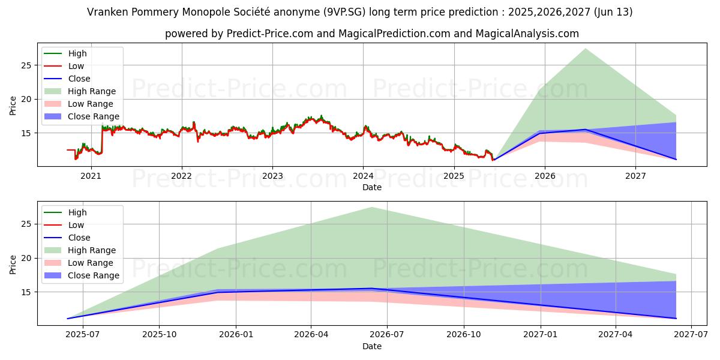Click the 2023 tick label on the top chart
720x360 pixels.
pyautogui.click(x=272, y=176)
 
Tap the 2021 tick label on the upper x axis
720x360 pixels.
pyautogui.click(x=91, y=176)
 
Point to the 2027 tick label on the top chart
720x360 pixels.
pyautogui.click(x=635, y=176)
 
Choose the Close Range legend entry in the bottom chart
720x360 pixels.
pyautogui.click(x=94, y=275)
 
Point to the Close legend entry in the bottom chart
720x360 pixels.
pyautogui.click(x=79, y=238)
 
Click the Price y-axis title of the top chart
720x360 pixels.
pyautogui.click(x=13, y=105)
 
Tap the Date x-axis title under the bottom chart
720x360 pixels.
pyautogui.click(x=372, y=346)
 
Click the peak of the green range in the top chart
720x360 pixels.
pyautogui.click(x=585, y=49)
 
